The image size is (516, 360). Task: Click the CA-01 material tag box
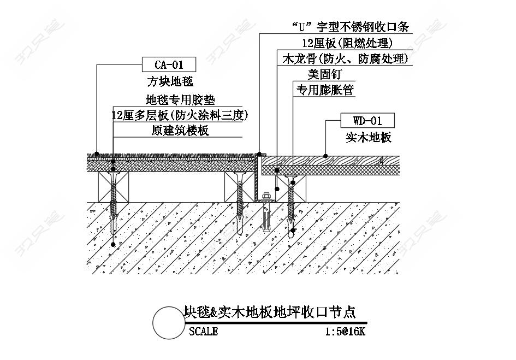tap(169, 64)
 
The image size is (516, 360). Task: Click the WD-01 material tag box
tap(367, 121)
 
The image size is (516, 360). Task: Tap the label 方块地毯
tap(170, 81)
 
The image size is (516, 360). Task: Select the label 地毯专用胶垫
tap(180, 99)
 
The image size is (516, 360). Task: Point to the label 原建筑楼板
tap(180, 131)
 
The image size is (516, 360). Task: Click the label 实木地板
tap(369, 137)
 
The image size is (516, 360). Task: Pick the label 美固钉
tap(324, 74)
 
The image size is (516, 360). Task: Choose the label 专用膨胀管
tap(325, 90)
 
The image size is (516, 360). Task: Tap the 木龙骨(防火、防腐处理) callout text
tap(346, 58)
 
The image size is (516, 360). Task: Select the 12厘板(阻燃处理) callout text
tap(347, 43)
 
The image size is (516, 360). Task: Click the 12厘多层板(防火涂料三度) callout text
tap(179, 115)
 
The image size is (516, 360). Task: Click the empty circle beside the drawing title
tap(169, 323)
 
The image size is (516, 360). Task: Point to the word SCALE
tap(203, 331)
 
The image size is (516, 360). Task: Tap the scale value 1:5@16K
tap(345, 331)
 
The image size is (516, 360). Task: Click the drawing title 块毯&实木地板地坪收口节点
tap(269, 311)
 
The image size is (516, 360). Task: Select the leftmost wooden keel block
tap(114, 187)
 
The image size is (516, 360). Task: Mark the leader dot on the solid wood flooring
tap(325, 156)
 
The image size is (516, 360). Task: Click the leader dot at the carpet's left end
tap(97, 154)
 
